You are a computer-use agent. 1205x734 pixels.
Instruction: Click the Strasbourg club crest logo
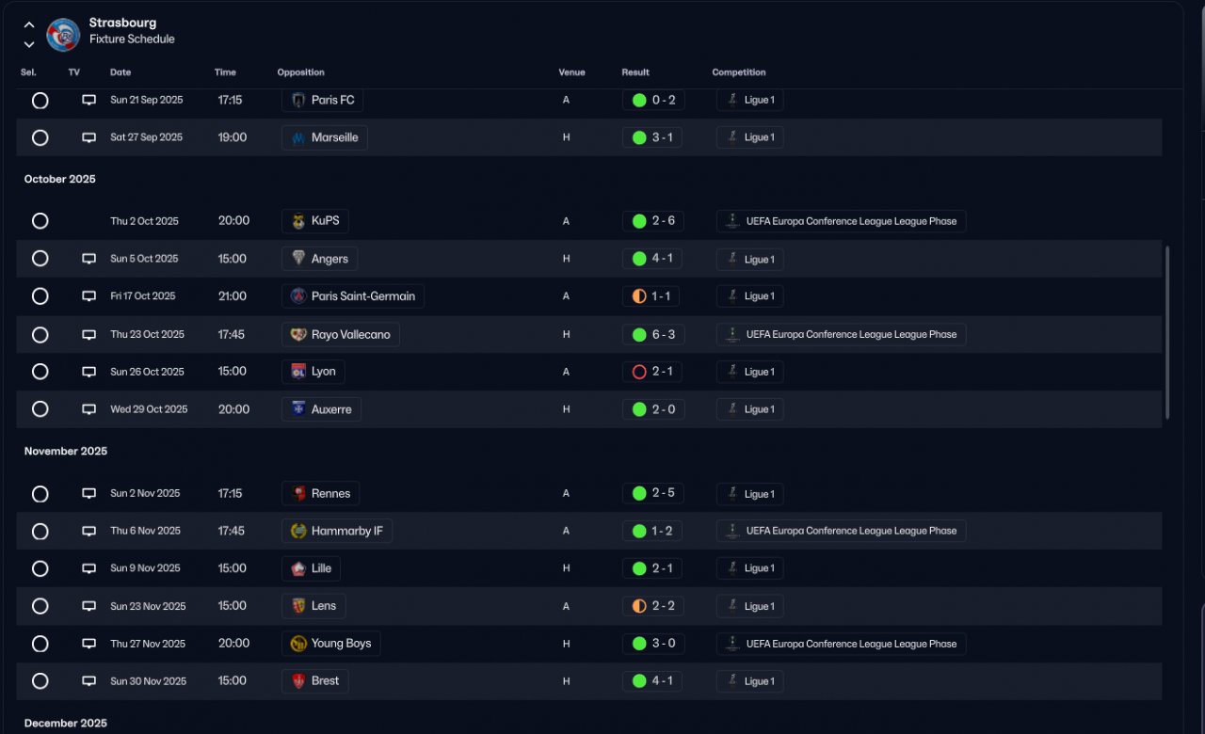pos(63,35)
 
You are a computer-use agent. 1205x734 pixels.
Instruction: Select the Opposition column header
pos(300,72)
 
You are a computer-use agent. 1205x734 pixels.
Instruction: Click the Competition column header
pos(738,72)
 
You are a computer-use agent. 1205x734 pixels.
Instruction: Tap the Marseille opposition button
pos(325,137)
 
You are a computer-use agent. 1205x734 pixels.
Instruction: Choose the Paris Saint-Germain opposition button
pos(353,296)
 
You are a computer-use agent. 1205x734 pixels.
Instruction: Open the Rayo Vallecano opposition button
pos(341,334)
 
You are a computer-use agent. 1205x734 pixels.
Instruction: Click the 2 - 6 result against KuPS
pos(652,221)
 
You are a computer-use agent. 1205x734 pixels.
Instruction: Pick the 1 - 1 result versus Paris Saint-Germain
pos(651,296)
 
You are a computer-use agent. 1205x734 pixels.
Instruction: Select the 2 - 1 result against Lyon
pos(651,372)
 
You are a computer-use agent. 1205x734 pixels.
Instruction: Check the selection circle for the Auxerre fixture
pos(40,409)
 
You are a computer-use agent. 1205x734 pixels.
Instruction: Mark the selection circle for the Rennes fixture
pos(40,494)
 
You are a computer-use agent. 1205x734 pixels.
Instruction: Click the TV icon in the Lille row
pos(88,568)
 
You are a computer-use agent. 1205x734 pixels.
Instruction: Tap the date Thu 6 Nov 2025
pos(145,531)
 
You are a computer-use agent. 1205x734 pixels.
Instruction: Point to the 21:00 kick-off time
pos(233,296)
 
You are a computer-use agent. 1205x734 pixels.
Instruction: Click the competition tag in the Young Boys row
pos(841,644)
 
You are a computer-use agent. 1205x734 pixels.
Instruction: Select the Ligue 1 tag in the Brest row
pos(749,681)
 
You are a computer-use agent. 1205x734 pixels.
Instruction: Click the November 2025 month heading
pos(66,452)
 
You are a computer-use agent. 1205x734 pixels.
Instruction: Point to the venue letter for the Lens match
pos(566,606)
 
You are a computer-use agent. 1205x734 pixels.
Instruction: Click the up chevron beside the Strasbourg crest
pos(29,24)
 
